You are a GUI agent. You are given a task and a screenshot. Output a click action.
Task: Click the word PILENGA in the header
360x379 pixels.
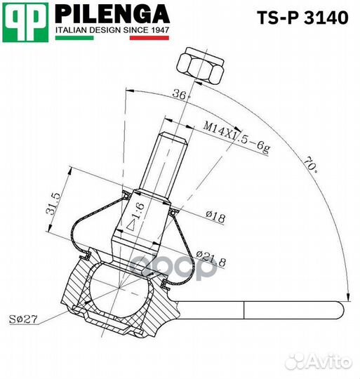click(112, 13)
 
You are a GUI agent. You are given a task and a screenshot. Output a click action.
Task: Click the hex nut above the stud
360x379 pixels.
click(201, 67)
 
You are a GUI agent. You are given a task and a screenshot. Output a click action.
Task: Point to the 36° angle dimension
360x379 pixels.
click(182, 95)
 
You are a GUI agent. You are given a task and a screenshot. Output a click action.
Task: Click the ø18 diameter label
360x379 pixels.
click(216, 219)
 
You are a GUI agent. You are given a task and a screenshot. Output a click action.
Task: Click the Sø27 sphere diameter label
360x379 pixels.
click(22, 320)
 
